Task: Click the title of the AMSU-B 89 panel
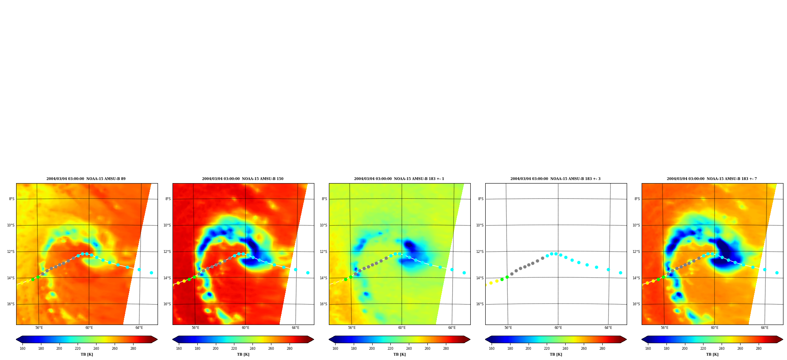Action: coord(86,179)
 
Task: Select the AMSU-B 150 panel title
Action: coord(243,179)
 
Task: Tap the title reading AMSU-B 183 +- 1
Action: coord(399,179)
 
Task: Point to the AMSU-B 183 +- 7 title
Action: coord(712,179)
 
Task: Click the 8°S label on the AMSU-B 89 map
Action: coord(12,199)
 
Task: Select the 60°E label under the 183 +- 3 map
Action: coord(558,328)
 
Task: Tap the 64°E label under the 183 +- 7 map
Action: coord(765,328)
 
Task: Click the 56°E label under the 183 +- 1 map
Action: coord(352,328)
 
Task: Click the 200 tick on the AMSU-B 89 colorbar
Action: coord(59,349)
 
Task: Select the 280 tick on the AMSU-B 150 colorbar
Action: coord(290,349)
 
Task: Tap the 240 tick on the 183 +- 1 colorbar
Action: coord(409,349)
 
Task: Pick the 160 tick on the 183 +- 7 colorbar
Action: coord(648,349)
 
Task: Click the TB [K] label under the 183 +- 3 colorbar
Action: coord(556,354)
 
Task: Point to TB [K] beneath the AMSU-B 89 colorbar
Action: coord(87,354)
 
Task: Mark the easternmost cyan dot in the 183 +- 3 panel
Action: coord(620,273)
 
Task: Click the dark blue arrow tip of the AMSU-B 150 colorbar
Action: coord(173,340)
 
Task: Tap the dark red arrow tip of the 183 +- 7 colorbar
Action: coord(782,340)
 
